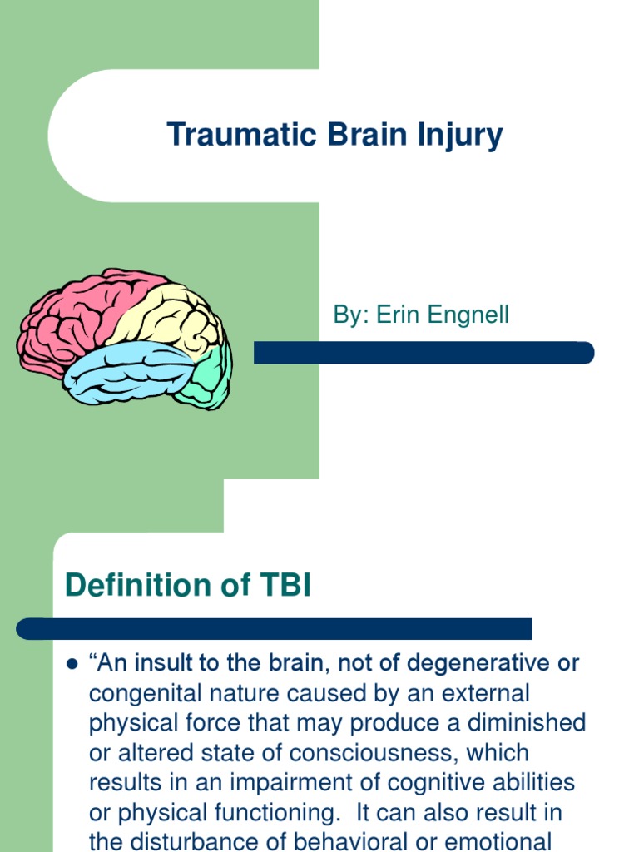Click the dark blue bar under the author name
coord(424,353)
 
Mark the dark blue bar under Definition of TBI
coord(275,628)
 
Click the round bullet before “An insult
coord(71,665)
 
